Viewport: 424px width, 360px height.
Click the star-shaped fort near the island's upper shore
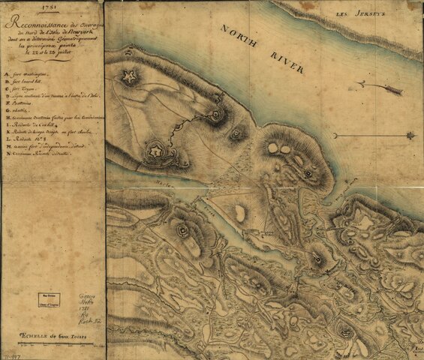pyautogui.click(x=131, y=76)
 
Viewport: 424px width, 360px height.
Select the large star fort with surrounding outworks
pyautogui.click(x=156, y=151)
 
